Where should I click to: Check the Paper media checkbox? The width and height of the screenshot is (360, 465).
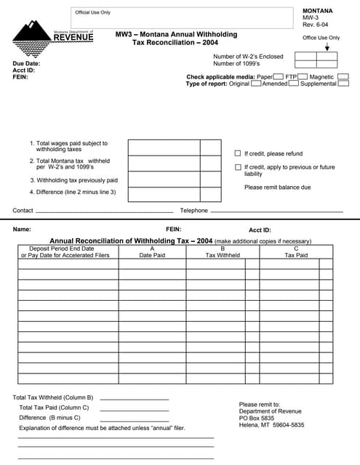click(278, 76)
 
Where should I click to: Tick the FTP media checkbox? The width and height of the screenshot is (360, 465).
click(303, 76)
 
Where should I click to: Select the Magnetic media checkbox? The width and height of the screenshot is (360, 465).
click(343, 76)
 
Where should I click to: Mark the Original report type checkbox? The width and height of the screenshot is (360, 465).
click(256, 84)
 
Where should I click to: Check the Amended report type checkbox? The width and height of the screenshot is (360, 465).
click(294, 84)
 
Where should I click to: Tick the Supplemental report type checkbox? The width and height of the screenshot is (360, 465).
click(343, 84)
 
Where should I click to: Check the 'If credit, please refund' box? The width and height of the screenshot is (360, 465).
click(237, 153)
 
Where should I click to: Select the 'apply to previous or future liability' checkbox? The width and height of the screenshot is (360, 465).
click(237, 167)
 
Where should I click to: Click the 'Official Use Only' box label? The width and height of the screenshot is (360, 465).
click(93, 12)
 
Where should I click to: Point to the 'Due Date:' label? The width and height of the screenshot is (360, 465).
click(26, 64)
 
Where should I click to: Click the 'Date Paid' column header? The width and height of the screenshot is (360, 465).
click(152, 255)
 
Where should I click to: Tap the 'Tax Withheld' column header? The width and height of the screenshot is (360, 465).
click(223, 255)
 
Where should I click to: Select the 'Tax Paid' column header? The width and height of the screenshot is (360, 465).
click(295, 255)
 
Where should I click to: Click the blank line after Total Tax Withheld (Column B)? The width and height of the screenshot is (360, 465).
click(134, 399)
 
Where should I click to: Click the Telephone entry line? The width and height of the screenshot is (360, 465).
click(276, 211)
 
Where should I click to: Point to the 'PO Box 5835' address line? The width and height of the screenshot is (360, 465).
click(257, 418)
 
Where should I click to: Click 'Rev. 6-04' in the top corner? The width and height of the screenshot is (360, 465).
click(316, 25)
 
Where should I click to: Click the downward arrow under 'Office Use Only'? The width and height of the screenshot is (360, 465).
click(327, 46)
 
